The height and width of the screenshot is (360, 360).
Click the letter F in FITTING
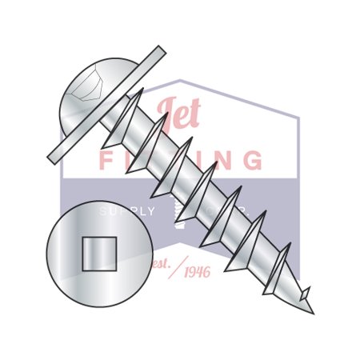coord(106,160)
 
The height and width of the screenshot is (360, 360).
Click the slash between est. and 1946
coord(177,266)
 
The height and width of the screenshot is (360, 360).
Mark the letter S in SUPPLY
coord(102,211)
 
